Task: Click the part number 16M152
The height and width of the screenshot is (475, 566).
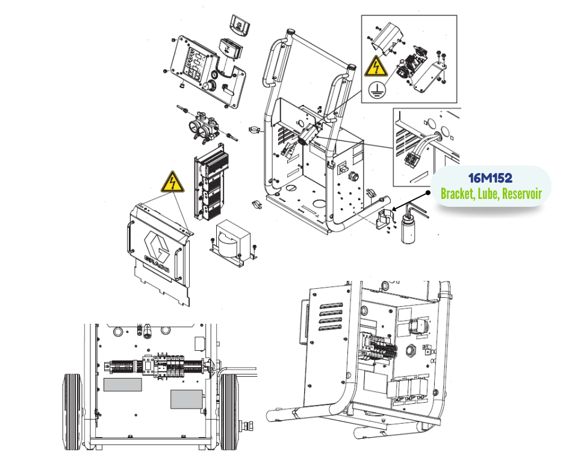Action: coord(490,178)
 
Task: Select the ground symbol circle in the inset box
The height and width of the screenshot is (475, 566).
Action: coord(377,90)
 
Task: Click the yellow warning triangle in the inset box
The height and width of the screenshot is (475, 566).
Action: coord(376,66)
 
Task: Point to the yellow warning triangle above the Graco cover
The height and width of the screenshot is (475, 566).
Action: coord(173,182)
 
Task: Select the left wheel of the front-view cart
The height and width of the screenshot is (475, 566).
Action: coord(73,412)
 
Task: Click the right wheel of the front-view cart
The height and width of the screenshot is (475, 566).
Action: coord(229,412)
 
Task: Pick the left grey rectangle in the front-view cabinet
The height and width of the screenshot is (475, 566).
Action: coord(123,385)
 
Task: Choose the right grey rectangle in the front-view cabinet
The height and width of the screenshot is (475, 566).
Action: coord(186,400)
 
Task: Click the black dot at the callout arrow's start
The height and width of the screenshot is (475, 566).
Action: coord(428,193)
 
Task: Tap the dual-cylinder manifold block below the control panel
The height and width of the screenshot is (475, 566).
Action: coord(204,127)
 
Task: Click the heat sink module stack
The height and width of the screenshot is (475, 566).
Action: coord(211,183)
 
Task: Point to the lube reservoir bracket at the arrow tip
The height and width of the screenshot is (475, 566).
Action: coord(384,218)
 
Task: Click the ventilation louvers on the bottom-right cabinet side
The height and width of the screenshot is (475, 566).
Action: coord(331,316)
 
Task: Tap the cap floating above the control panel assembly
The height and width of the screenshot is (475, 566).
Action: coord(240,25)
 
